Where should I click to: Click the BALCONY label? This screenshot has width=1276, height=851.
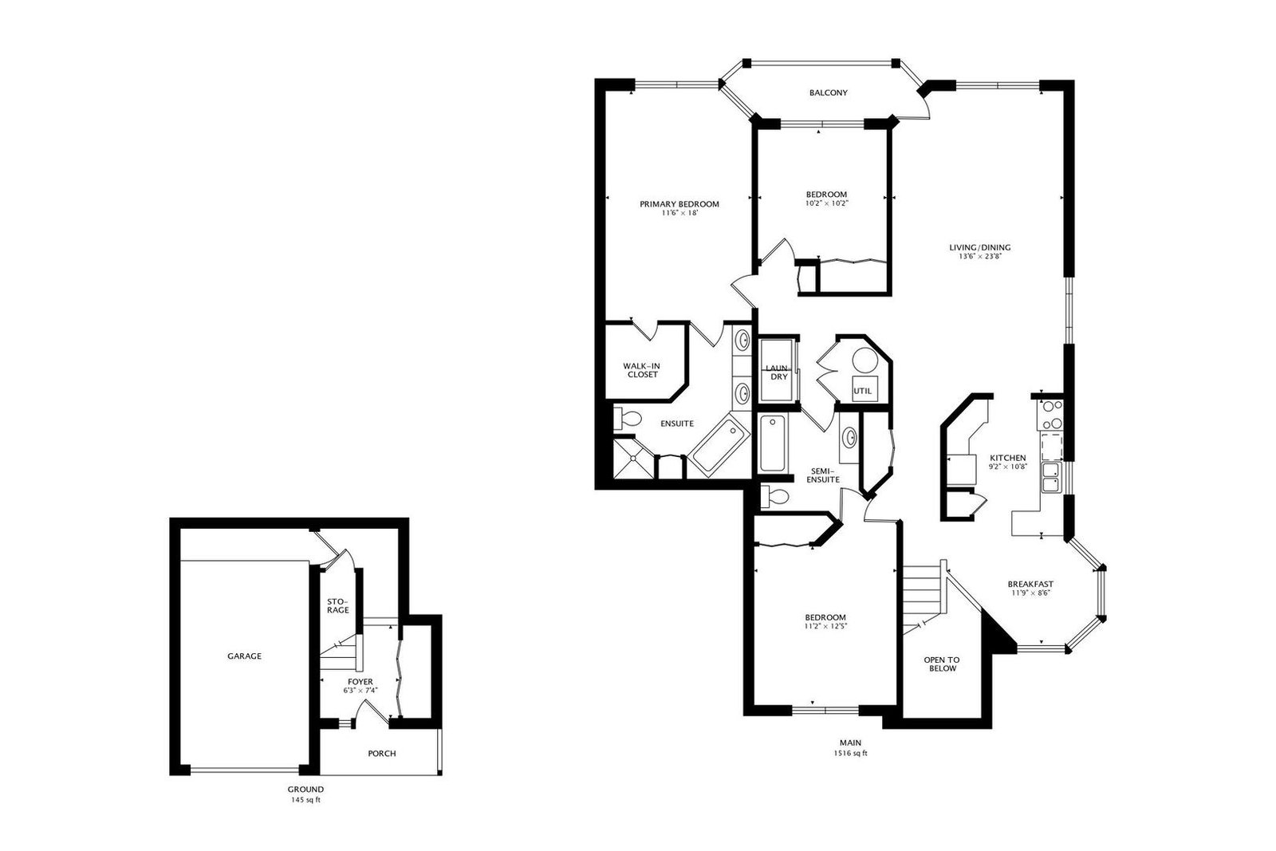[x=829, y=93]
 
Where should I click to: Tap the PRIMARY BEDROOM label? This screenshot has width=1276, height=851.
[x=679, y=204]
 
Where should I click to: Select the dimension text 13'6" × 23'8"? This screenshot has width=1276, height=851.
[x=980, y=256]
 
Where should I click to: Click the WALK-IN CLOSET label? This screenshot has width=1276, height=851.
[x=642, y=370]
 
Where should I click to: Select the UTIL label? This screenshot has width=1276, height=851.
[x=862, y=392]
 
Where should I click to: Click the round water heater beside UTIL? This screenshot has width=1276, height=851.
[x=864, y=360]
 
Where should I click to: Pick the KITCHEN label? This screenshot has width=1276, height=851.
[x=1008, y=458]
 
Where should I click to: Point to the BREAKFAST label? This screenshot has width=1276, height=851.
[x=1030, y=584]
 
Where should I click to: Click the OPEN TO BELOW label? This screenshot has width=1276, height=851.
[x=942, y=664]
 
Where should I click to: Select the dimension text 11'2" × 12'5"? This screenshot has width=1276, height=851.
[x=825, y=626]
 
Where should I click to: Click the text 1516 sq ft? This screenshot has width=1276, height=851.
[x=850, y=753]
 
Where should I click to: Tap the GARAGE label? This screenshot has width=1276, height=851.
[x=244, y=656]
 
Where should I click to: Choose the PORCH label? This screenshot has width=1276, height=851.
[x=382, y=754]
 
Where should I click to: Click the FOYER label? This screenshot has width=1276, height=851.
[x=360, y=682]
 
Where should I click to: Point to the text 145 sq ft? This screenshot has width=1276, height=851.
[x=305, y=800]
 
